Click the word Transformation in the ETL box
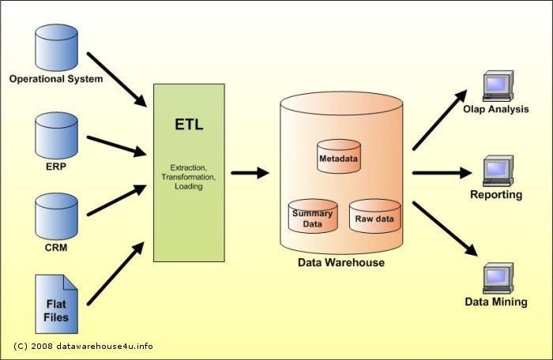click(189, 178)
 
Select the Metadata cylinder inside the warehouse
click(338, 156)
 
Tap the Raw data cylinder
click(374, 216)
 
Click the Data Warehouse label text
click(340, 262)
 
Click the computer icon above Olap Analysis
click(497, 85)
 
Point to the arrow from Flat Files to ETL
click(116, 273)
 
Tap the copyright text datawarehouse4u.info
click(83, 346)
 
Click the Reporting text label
click(496, 194)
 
